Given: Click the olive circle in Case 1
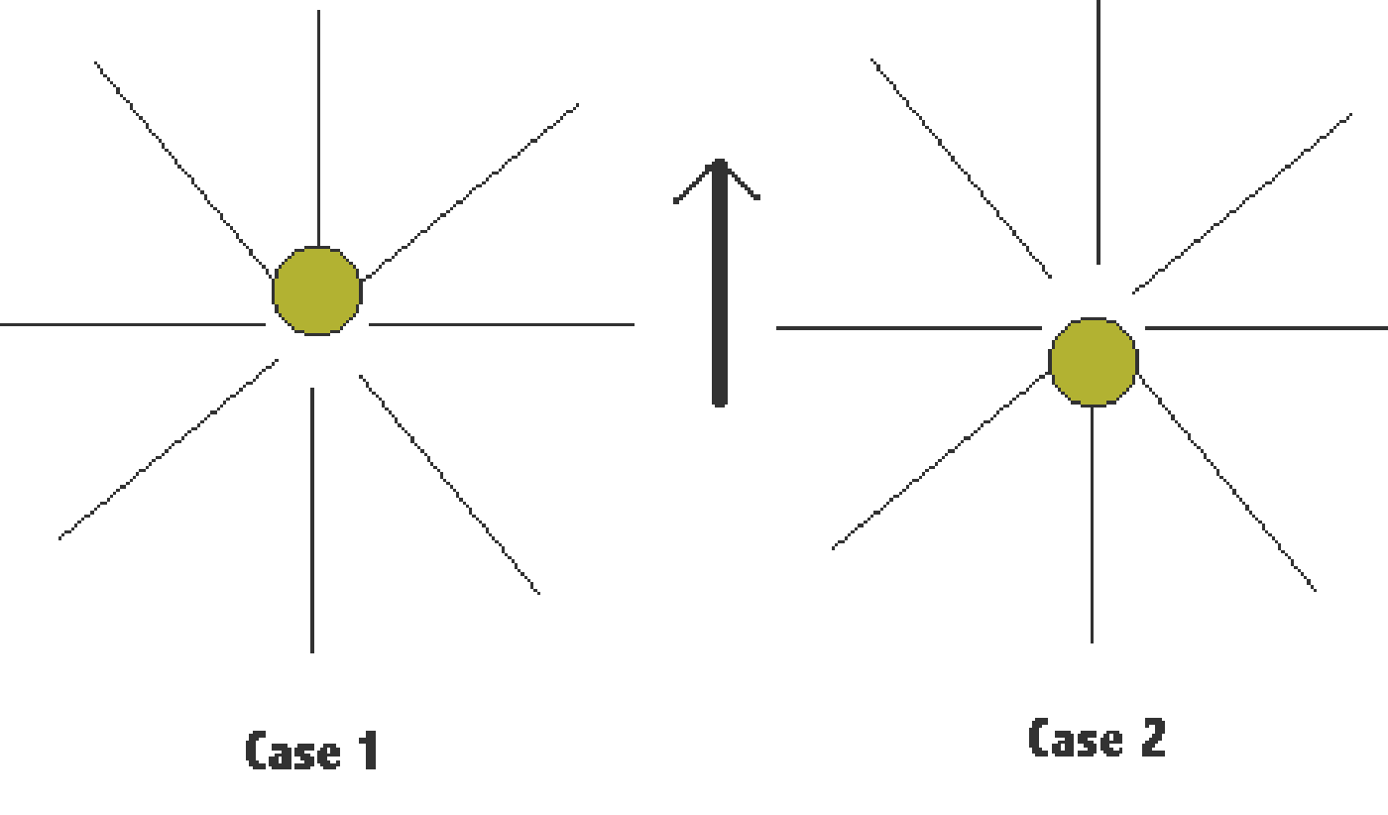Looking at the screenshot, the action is (317, 291).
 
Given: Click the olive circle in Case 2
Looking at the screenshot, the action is (1094, 362).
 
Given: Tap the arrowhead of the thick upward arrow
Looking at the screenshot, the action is (718, 179).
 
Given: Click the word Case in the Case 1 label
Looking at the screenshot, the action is (293, 751).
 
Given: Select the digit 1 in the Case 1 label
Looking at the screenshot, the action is (369, 750).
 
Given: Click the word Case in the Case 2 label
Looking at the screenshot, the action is (1076, 737).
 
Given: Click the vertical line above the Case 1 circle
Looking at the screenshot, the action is (318, 128).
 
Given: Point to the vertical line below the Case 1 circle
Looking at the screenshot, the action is (312, 520).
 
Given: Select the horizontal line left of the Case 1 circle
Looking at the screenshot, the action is (133, 324).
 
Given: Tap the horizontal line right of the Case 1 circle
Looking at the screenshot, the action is (502, 324).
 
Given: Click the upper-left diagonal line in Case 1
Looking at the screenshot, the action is (183, 169).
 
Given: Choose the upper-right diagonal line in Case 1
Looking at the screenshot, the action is (472, 192).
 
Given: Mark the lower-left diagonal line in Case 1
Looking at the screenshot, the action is (168, 449).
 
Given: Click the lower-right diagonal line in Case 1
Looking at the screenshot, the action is (450, 485).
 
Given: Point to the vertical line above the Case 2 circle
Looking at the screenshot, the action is (1099, 132).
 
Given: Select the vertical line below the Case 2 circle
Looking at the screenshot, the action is (1092, 524).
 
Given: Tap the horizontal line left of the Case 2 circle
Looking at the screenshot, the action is (909, 328).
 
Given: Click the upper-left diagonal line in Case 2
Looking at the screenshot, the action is (961, 169).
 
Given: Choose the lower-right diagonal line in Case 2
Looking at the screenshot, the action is (1227, 483).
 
